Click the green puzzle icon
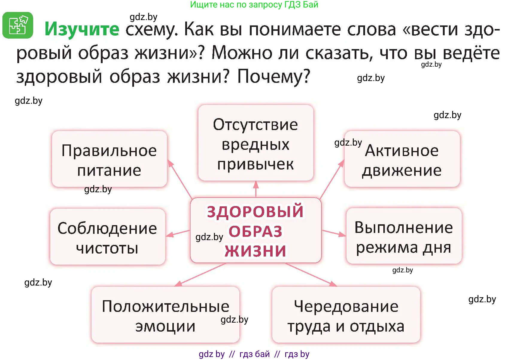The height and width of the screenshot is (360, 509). [x=18, y=25]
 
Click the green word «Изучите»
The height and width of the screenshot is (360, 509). [x=82, y=29]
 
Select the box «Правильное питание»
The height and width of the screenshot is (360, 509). [x=109, y=159]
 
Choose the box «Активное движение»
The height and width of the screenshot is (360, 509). [x=402, y=159]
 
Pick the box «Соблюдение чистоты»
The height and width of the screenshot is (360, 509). [x=107, y=237]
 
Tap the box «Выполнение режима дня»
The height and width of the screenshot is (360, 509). [x=404, y=237]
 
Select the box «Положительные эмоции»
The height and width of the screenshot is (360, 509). [x=165, y=315]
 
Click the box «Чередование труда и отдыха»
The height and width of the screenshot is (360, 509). [x=346, y=315]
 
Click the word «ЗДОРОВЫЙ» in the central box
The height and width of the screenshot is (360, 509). [x=255, y=211]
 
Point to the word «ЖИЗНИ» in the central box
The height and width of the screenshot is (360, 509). [x=256, y=251]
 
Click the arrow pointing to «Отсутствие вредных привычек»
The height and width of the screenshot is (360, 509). [x=256, y=189]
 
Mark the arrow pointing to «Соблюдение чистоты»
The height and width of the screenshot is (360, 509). [x=178, y=233]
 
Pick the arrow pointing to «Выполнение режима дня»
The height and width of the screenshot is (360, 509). [x=334, y=233]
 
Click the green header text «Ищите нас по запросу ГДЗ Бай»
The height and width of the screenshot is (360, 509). [x=254, y=4]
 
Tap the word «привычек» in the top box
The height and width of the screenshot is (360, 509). [x=256, y=164]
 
